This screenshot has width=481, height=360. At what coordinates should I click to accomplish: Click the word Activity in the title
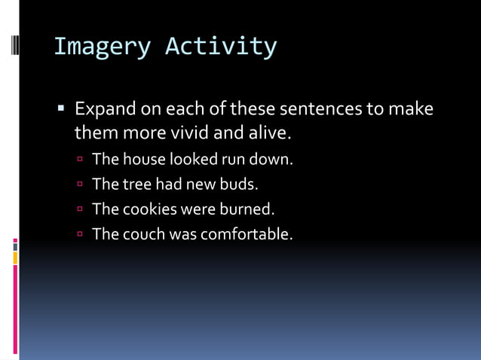point(221,47)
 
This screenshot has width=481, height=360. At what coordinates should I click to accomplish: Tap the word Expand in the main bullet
point(105,109)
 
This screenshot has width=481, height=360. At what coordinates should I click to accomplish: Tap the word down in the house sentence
point(272,160)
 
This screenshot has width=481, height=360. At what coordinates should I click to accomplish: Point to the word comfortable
point(246,233)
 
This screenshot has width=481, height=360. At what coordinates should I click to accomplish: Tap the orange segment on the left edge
point(15,258)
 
